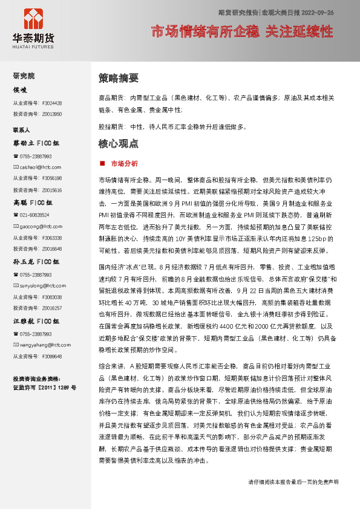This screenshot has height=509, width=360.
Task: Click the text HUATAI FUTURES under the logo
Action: pyautogui.click(x=33, y=45)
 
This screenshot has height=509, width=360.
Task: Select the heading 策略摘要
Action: pyautogui.click(x=118, y=78)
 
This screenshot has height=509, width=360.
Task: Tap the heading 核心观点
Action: pyautogui.click(x=118, y=144)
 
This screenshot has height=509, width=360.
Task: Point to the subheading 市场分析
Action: pyautogui.click(x=124, y=164)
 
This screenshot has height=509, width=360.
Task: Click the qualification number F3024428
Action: pyautogui.click(x=51, y=103)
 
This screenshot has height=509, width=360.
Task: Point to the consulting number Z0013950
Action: pyautogui.click(x=51, y=114)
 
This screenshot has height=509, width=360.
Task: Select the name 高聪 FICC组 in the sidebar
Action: pyautogui.click(x=36, y=203)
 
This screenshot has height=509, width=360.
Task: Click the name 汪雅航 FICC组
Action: pyautogui.click(x=36, y=321)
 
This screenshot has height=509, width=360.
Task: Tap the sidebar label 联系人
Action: pyautogui.click(x=22, y=130)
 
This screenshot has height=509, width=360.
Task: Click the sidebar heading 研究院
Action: pyautogui.click(x=24, y=76)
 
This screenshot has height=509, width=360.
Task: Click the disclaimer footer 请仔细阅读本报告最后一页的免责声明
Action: pyautogui.click(x=293, y=482)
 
